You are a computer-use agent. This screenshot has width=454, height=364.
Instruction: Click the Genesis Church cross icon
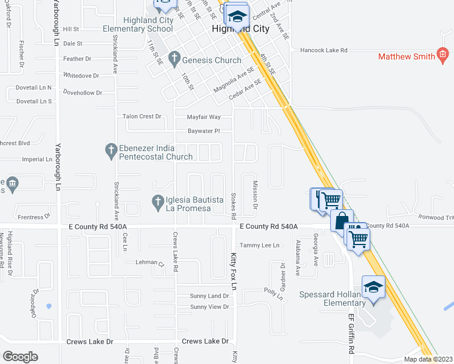[174, 59]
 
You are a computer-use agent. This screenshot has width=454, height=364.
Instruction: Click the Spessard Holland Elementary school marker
[373, 286]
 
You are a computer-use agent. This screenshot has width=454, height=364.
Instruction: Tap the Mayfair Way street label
[203, 116]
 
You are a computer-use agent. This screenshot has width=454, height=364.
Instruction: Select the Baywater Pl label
[203, 130]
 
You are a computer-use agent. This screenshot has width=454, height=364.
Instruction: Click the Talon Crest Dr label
[142, 116]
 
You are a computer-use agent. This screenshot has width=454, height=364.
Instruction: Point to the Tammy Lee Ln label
[260, 245]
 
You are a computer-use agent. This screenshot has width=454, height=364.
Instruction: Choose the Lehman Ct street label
[149, 263]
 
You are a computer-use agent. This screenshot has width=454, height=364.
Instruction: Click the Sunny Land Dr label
[209, 296]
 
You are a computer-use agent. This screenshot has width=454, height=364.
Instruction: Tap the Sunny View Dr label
[209, 307]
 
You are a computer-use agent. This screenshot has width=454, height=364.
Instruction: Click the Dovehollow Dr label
[83, 93]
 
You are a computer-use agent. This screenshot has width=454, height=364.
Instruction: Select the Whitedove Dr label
[81, 75]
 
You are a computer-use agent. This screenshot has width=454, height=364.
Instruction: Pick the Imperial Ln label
[37, 160]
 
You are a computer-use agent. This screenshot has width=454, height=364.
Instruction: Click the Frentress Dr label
[34, 217]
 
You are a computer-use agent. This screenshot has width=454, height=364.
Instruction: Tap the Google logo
[20, 357]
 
